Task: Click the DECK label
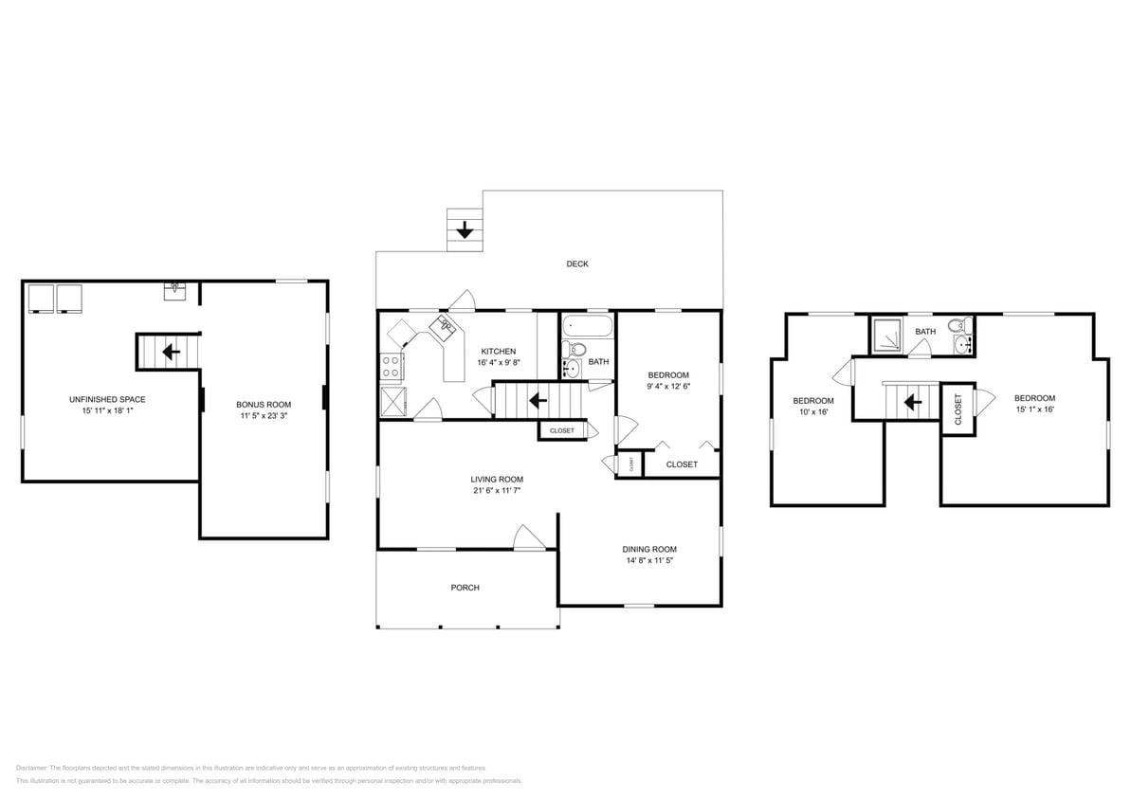pyautogui.click(x=577, y=264)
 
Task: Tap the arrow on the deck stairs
pyautogui.click(x=465, y=229)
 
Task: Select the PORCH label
pyautogui.click(x=465, y=588)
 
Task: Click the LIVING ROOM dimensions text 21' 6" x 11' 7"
pyautogui.click(x=497, y=490)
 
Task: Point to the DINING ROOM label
pyautogui.click(x=649, y=549)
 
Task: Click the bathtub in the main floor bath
pyautogui.click(x=585, y=329)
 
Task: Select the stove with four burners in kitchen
pyautogui.click(x=390, y=366)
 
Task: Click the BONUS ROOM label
pyautogui.click(x=264, y=405)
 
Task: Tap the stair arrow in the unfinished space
pyautogui.click(x=171, y=353)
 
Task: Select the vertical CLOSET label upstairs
pyautogui.click(x=958, y=409)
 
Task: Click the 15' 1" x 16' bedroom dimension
pyautogui.click(x=1034, y=409)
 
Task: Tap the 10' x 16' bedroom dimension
pyautogui.click(x=813, y=412)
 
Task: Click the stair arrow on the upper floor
pyautogui.click(x=913, y=402)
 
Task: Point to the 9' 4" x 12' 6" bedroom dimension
pyautogui.click(x=668, y=386)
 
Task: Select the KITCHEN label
pyautogui.click(x=498, y=351)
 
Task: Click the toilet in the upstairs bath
pyautogui.click(x=955, y=327)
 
